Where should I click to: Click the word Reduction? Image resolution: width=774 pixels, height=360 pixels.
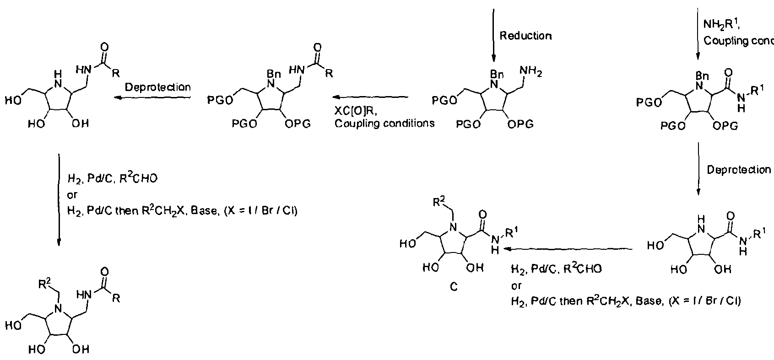click(x=525, y=36)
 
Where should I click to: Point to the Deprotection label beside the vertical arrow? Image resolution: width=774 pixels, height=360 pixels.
click(x=739, y=170)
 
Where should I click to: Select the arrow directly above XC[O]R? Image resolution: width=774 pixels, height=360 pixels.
click(x=370, y=97)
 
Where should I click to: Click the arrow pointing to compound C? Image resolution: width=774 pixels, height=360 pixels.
click(x=568, y=249)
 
